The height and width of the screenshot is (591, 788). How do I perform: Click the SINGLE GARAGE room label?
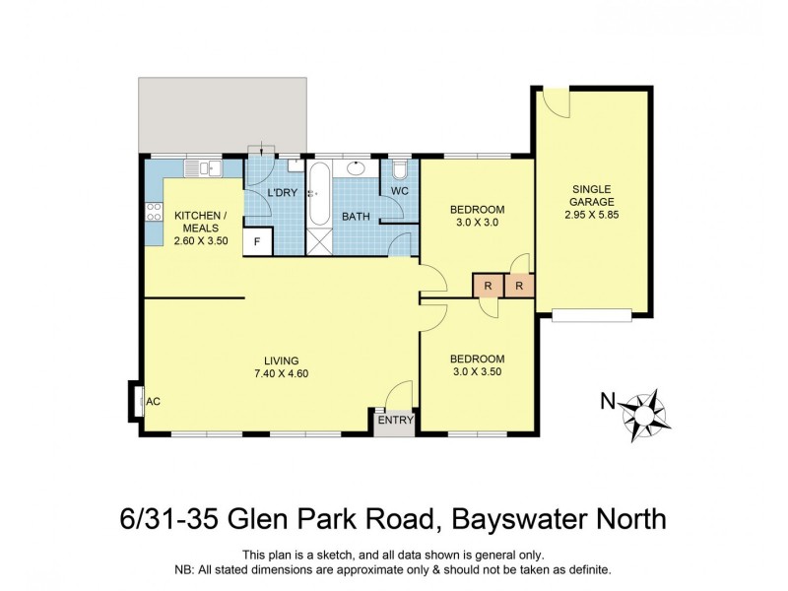point(591,195)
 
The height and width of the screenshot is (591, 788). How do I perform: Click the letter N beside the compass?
point(609,401)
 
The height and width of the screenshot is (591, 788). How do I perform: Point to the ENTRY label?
point(395,421)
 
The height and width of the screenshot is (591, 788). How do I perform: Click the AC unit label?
point(153,401)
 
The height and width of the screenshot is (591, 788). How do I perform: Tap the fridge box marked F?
point(258,239)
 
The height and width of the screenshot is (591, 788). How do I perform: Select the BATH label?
point(355,216)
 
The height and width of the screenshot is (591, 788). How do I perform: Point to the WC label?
point(400,190)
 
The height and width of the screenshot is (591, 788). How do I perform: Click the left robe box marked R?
point(487,286)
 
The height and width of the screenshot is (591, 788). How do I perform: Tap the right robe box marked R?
point(519,286)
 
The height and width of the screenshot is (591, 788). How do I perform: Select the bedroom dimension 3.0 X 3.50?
point(477,371)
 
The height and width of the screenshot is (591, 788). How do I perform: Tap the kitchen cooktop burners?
point(154,212)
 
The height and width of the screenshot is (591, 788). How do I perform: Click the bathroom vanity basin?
point(357,168)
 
